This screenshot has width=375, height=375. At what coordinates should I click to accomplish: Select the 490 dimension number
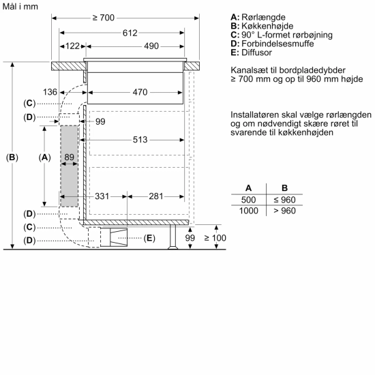(151, 46)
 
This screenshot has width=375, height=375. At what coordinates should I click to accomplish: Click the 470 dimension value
(140, 91)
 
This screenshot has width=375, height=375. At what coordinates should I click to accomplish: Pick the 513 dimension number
(140, 140)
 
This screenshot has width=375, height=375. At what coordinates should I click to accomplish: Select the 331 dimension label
(102, 196)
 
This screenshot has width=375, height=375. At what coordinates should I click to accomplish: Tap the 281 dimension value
(156, 196)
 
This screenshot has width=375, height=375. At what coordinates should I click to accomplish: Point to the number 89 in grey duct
(69, 157)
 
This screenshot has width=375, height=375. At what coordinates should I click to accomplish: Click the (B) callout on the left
(12, 157)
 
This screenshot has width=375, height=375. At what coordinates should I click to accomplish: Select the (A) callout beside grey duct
(45, 157)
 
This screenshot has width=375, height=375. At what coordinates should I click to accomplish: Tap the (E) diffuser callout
(150, 238)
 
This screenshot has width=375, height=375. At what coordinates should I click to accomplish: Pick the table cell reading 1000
(248, 211)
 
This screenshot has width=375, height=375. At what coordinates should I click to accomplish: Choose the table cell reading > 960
(286, 211)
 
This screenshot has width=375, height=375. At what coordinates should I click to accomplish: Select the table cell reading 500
(248, 199)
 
